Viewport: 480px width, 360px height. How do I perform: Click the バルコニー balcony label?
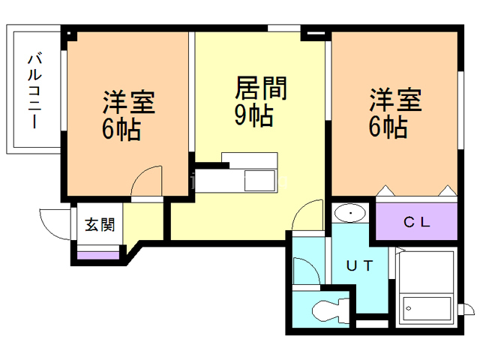pos(35,91)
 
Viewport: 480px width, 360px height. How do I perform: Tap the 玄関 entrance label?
pos(100,224)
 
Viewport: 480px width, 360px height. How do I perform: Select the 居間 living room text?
pos(261,88)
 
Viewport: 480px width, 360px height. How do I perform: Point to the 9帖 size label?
pos(253,115)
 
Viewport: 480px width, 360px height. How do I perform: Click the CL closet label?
pos(417,222)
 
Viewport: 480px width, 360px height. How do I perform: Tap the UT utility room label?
pos(359,265)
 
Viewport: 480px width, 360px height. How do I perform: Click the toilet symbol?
pos(331,310)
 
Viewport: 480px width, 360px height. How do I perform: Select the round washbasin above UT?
pos(350,213)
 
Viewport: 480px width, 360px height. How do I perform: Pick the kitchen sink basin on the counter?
pos(259,181)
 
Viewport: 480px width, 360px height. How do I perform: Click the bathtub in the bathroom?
pos(427,308)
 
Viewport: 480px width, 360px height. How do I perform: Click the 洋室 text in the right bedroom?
pos(396,100)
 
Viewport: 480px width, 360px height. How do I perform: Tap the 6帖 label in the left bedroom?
pos(121,129)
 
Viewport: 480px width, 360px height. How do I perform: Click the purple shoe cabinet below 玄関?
pos(98,255)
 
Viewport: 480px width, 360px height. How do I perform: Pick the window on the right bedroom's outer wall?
pos(460,110)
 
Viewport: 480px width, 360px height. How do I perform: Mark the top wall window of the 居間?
pos(284,28)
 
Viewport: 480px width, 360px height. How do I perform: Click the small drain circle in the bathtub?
pos(408,308)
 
